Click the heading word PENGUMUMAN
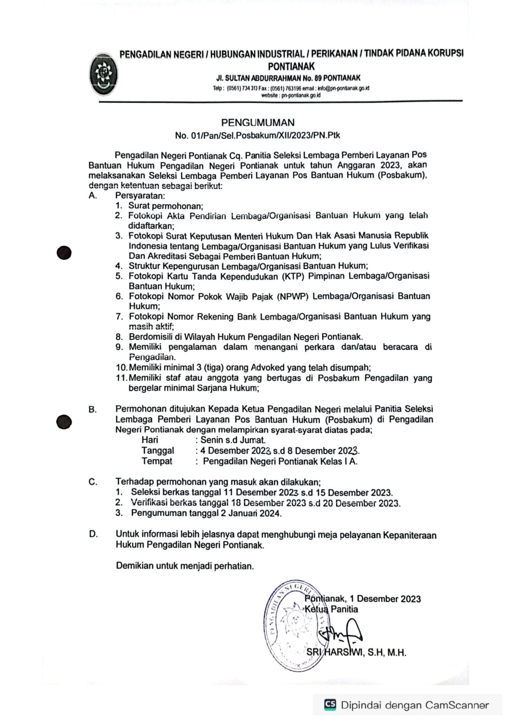coord(258,123)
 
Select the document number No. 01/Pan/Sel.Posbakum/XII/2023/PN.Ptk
coord(257,135)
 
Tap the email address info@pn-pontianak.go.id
coord(343,88)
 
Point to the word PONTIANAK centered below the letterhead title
coord(291,66)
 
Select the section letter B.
coord(92,410)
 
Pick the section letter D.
coord(93,534)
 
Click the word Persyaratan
coord(140,196)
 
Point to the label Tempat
coord(157,461)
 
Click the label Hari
coord(150,440)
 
